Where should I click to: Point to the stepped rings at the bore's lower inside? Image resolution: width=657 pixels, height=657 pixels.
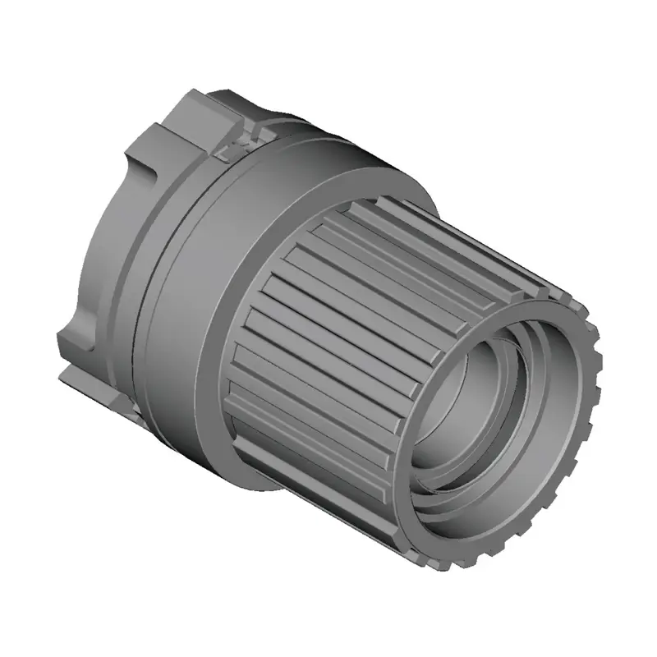pyautogui.click(x=460, y=493)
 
